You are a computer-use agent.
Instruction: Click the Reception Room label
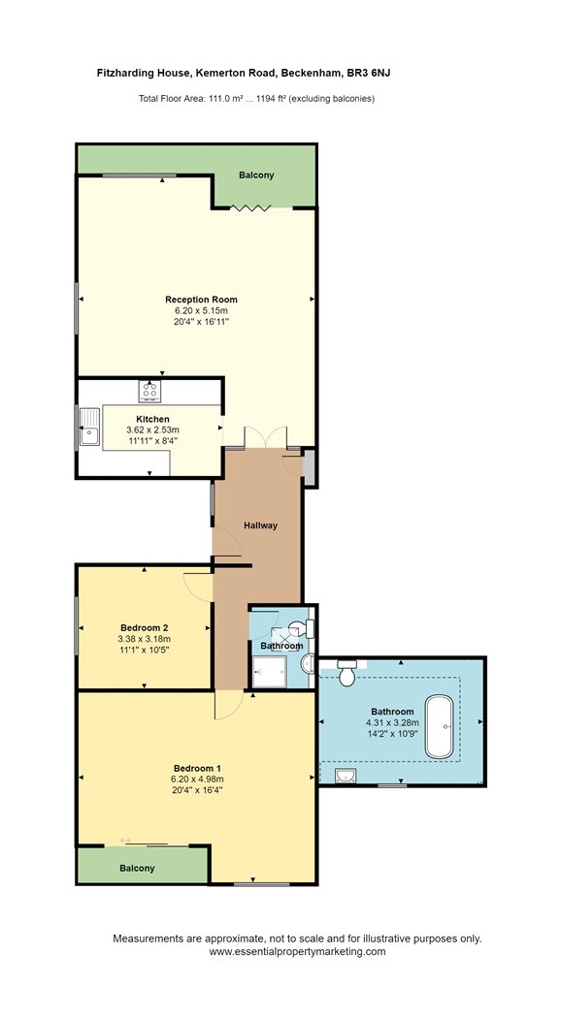201,300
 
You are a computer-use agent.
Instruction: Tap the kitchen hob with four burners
148,392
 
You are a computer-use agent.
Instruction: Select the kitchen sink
89,427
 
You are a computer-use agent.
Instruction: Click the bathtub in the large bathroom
440,726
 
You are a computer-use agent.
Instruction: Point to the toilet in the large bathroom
346,673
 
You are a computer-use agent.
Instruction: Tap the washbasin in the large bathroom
344,776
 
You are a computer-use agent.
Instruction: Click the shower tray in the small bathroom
269,670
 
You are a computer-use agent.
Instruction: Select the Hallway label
261,525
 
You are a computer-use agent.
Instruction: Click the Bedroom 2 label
145,628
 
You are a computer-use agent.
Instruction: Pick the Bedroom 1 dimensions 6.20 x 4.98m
198,779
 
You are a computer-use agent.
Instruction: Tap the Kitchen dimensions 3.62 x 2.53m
152,429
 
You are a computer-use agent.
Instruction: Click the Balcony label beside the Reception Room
256,175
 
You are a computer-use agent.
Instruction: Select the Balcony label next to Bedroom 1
137,868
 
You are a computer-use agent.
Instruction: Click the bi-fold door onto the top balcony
250,207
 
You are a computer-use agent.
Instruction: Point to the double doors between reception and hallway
265,437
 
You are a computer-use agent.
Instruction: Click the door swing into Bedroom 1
228,705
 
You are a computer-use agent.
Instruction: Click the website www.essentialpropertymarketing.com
297,952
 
